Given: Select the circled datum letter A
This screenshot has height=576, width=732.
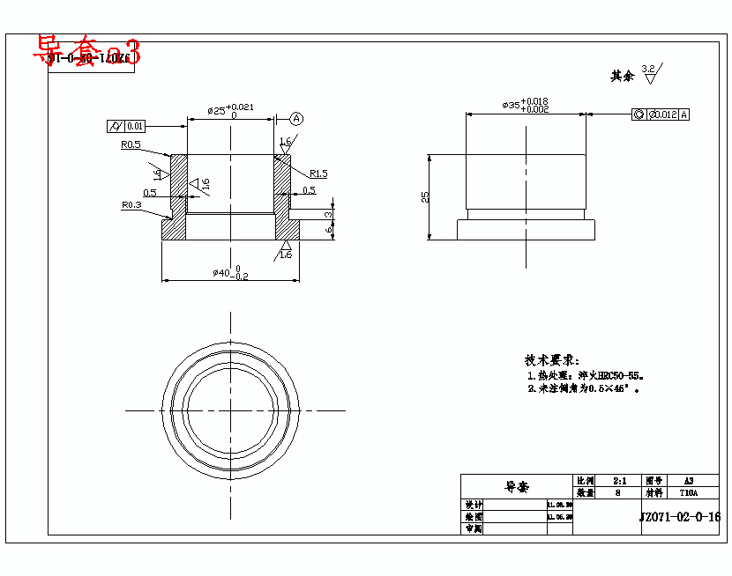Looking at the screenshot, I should tap(296, 118).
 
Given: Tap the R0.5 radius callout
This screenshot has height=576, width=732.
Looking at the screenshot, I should tap(131, 144).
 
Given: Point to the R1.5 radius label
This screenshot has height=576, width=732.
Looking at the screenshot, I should tap(317, 174).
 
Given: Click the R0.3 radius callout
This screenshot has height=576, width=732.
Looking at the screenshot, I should tap(131, 204).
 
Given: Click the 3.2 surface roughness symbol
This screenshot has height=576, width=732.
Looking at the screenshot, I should tap(649, 73).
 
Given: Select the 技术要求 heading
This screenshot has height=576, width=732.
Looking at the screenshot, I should tap(551, 360).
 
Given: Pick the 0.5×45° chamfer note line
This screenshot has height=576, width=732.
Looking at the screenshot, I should tap(582, 388).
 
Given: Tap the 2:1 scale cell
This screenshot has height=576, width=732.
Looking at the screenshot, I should tap(619, 481).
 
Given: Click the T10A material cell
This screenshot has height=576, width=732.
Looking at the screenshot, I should tap(688, 493).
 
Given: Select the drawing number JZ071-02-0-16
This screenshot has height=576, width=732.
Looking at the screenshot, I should tap(679, 517).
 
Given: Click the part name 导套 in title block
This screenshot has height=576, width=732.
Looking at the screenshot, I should tap(516, 486).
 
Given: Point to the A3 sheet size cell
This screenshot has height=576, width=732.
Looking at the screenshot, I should tap(688, 481).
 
